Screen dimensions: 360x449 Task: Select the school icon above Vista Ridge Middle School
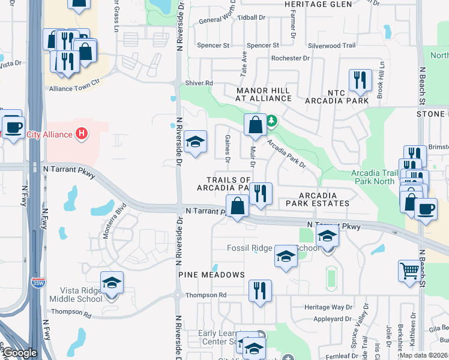pyautogui.click(x=112, y=282)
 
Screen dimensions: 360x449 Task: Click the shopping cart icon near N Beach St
pyautogui.click(x=409, y=270)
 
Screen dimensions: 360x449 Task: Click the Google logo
pyautogui.click(x=20, y=353)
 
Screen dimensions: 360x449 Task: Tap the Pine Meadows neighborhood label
pyautogui.click(x=211, y=275)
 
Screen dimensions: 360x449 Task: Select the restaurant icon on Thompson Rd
pyautogui.click(x=260, y=290)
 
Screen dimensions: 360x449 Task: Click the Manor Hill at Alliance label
pyautogui.click(x=262, y=94)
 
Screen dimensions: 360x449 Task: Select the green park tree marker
pyautogui.click(x=272, y=121)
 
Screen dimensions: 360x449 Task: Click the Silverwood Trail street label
pyautogui.click(x=332, y=46)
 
